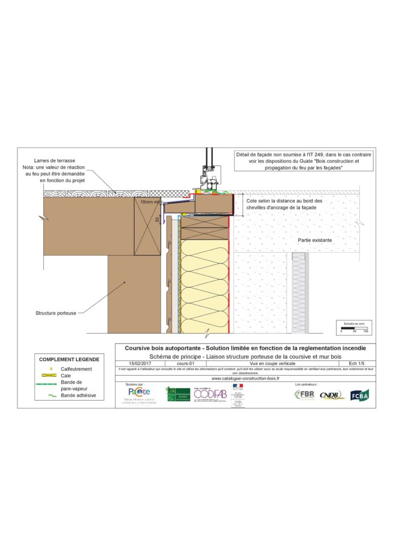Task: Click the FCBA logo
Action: (x=359, y=395)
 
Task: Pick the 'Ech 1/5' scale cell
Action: (x=357, y=363)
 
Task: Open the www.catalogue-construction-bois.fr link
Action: (x=245, y=378)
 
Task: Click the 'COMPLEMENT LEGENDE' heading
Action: (x=69, y=359)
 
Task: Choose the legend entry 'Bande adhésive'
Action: (x=79, y=395)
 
